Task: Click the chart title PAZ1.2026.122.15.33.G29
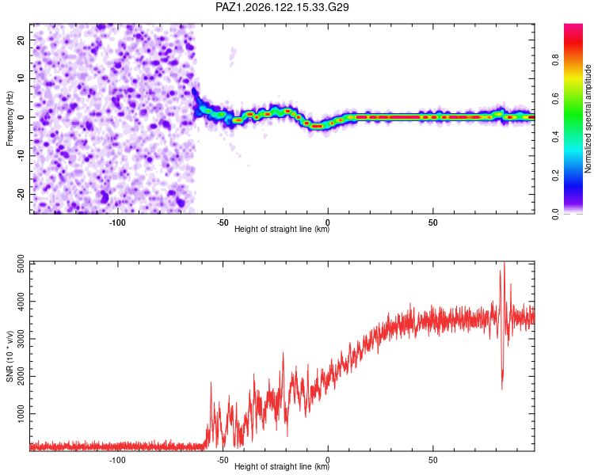point(282,7)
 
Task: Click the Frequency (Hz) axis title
point(10,119)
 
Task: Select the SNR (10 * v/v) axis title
point(10,356)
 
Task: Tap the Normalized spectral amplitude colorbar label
point(588,119)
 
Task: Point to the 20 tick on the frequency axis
point(21,40)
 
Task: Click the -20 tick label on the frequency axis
point(21,194)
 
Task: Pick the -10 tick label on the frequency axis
point(21,156)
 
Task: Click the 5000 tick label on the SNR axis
point(21,264)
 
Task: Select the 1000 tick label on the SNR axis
point(21,414)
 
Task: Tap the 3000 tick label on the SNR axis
point(21,339)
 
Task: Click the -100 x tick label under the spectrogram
point(117,222)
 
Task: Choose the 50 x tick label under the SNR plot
point(433,460)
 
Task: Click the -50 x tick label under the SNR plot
point(223,460)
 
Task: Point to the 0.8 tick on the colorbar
point(555,59)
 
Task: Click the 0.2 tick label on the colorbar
point(555,176)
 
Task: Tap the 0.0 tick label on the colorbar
point(555,214)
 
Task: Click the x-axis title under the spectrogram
point(282,229)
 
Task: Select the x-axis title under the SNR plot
point(282,466)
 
